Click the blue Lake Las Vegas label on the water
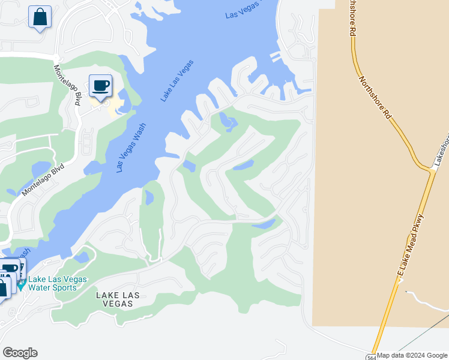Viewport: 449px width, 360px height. (177, 80)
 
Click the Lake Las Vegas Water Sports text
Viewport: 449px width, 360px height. (58, 283)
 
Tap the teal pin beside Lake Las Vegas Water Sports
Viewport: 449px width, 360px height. (21, 284)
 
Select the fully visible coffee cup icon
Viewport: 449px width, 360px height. (100, 85)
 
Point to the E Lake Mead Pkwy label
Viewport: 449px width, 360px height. (410, 245)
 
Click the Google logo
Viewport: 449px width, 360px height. (20, 353)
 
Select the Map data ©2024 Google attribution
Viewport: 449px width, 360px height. (412, 356)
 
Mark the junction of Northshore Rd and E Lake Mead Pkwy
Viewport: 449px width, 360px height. (431, 172)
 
